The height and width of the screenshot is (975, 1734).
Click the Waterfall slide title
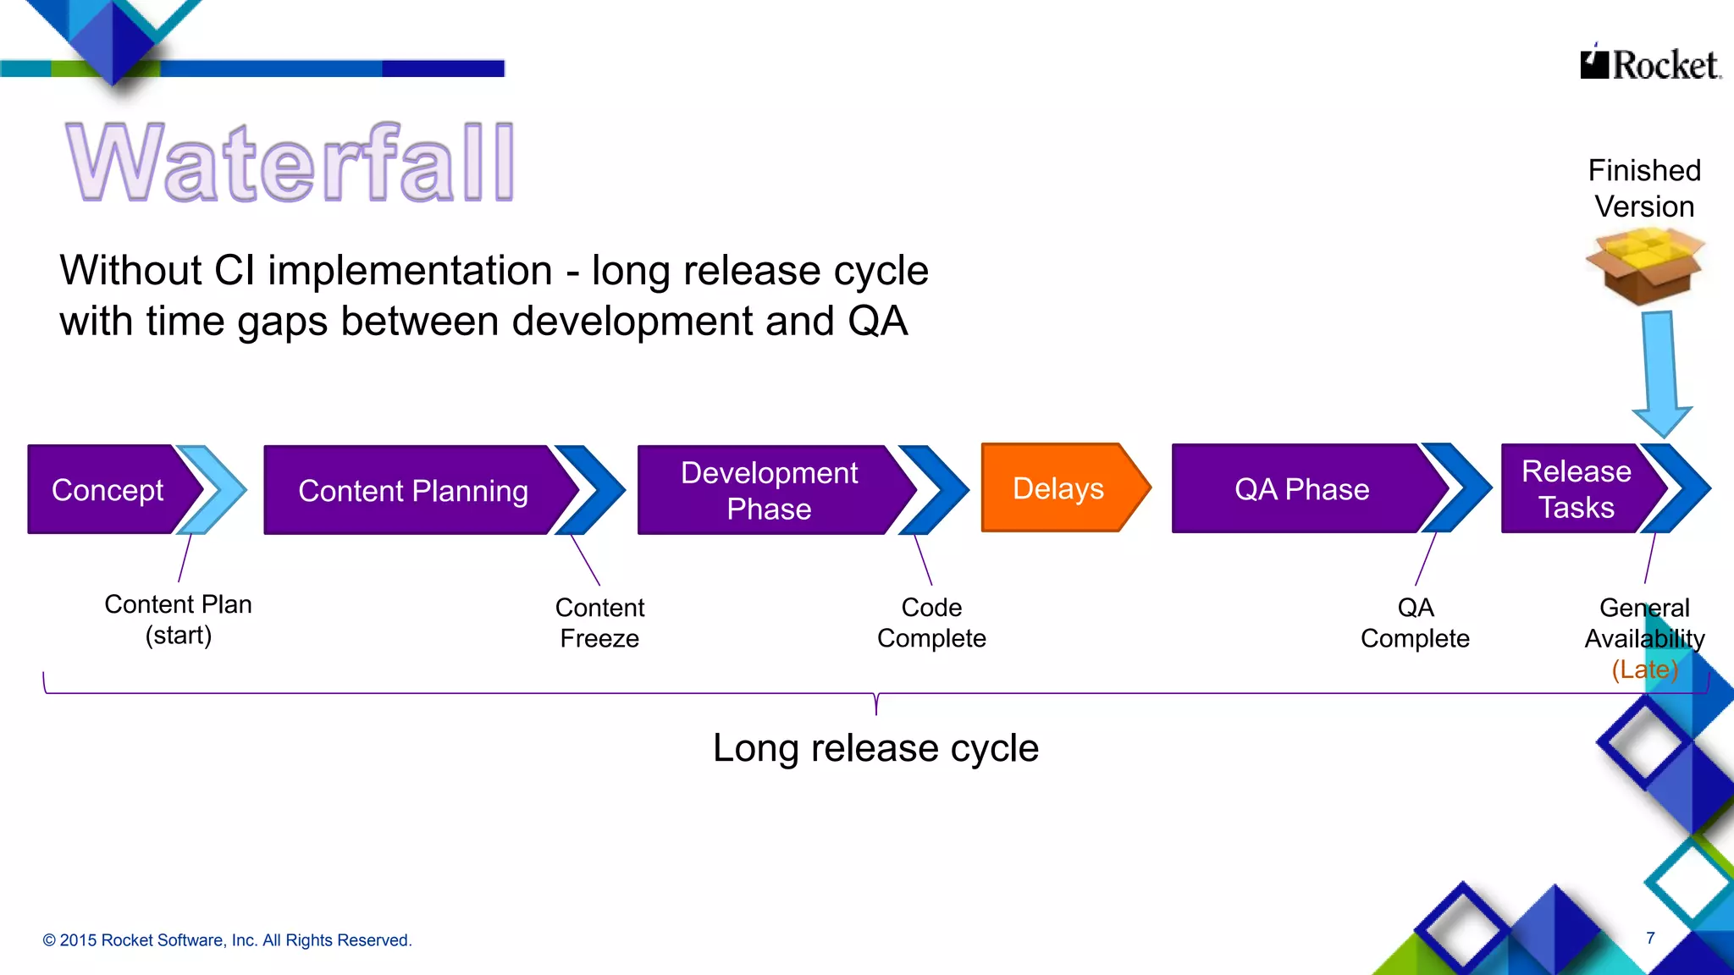[290, 162]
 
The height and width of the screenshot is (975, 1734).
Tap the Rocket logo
[1649, 64]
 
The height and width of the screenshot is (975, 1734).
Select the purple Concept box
[107, 490]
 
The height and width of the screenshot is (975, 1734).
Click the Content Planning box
[412, 491]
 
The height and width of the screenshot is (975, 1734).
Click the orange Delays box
[1058, 488]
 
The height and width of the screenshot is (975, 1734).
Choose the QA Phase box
[1301, 489]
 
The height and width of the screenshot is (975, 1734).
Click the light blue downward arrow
[1660, 372]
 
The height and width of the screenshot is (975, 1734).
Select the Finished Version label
[1644, 189]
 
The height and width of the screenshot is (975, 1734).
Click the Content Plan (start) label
[178, 620]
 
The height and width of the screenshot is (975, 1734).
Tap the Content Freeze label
[599, 623]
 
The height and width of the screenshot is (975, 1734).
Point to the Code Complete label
[931, 623]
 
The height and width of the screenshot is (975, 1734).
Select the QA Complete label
[1415, 623]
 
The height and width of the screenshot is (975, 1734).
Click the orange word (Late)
[1644, 669]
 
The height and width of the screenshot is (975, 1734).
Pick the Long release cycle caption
[875, 748]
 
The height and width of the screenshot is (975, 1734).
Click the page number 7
[1650, 938]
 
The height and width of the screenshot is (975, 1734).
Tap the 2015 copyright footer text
[227, 940]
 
